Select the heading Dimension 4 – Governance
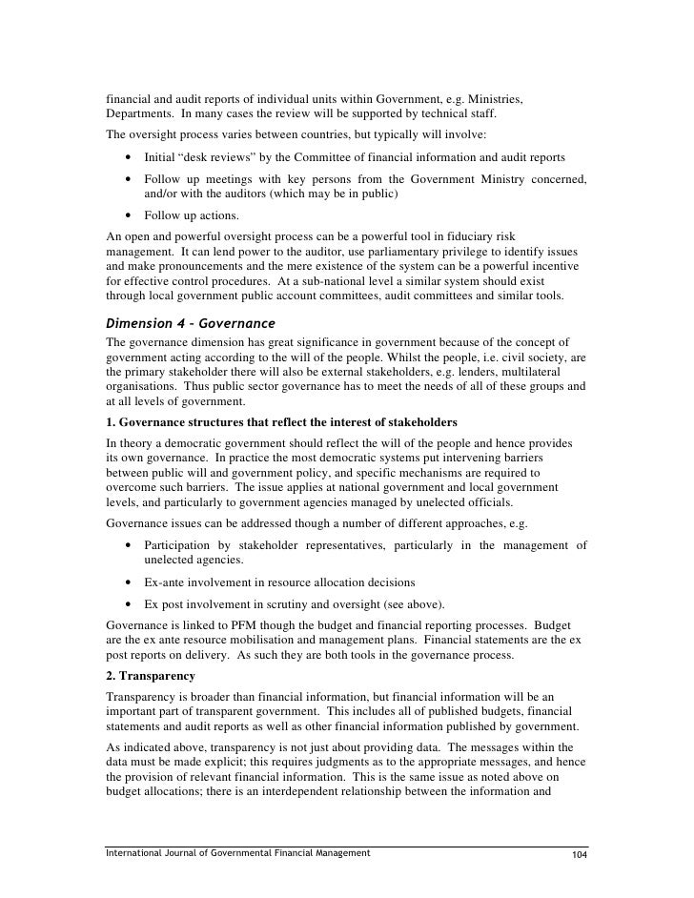point(190,321)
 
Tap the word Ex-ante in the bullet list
point(165,582)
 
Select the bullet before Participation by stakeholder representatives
point(127,545)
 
